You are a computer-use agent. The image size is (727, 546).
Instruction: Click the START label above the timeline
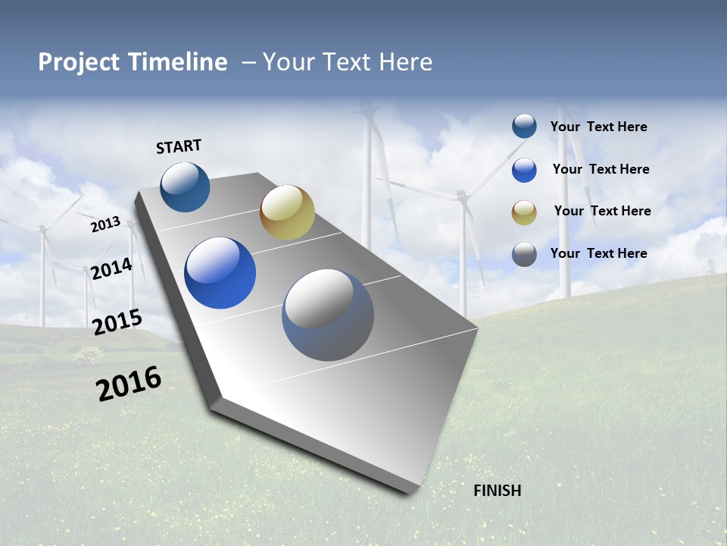pos(179,146)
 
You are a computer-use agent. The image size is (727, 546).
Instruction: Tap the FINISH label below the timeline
pos(498,491)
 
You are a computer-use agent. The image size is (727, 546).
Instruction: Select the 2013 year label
pos(106,224)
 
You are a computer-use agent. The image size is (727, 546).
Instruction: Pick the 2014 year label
pos(112,268)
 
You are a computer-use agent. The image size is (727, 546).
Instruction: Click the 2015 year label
pos(117,322)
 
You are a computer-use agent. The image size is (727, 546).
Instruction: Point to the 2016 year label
pos(129,384)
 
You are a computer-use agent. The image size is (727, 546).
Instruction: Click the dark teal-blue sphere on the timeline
pos(185,187)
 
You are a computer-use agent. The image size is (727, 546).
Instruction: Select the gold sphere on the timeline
pos(287,212)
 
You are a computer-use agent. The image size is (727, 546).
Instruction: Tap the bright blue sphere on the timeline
pos(220,273)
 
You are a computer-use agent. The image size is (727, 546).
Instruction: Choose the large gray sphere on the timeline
pos(328,315)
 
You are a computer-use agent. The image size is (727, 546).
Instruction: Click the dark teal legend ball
pos(524,127)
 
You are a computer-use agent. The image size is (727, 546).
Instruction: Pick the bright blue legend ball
pos(524,170)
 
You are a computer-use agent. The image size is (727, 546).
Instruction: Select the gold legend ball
pos(524,212)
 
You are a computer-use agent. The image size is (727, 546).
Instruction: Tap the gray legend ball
pos(524,254)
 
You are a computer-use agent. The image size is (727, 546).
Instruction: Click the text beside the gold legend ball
pos(602,211)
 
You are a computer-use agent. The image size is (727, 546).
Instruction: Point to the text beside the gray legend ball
pos(599,253)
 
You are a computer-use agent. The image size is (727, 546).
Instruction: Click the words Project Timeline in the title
pos(133,62)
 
